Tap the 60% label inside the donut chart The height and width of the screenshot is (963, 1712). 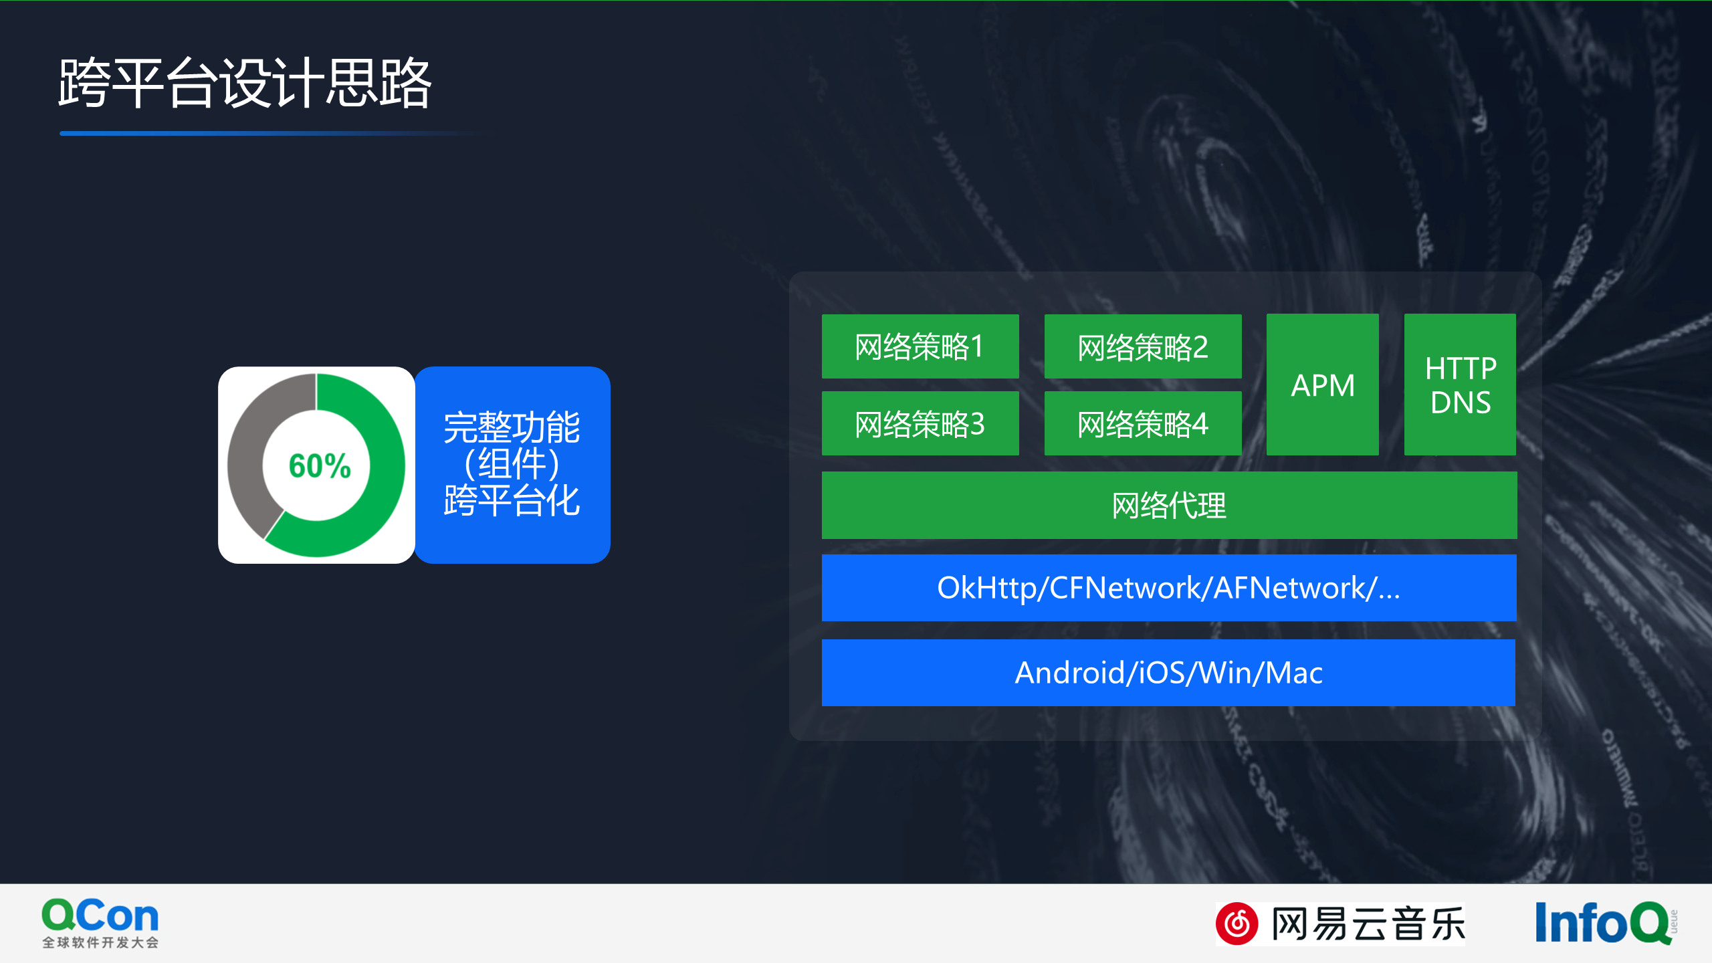click(319, 466)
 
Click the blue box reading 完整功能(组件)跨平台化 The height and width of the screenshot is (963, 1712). click(512, 465)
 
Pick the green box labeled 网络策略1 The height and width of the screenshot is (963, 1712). click(920, 346)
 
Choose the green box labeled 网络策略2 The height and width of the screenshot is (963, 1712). click(1142, 346)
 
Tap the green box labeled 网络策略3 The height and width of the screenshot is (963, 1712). click(920, 424)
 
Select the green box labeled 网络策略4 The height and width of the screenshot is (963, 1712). click(1142, 424)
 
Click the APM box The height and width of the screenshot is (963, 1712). click(1322, 385)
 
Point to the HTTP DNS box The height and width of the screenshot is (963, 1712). click(1460, 385)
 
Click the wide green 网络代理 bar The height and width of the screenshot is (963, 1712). click(1169, 506)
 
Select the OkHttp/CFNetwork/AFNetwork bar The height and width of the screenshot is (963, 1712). click(1169, 588)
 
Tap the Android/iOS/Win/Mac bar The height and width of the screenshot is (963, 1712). click(1168, 673)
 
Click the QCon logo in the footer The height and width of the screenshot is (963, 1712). click(100, 916)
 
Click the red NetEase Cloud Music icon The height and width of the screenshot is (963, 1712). click(1237, 924)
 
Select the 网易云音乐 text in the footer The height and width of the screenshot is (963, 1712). click(1368, 924)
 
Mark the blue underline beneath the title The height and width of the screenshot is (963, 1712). click(267, 134)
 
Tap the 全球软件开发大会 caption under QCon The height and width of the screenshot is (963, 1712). click(100, 943)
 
